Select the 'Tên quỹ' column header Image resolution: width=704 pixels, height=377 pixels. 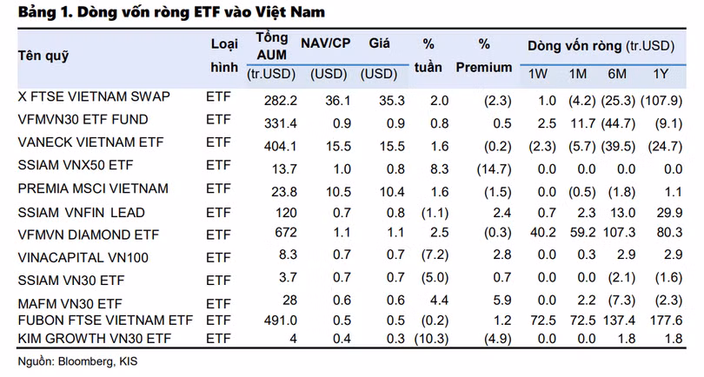[x=43, y=56]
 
